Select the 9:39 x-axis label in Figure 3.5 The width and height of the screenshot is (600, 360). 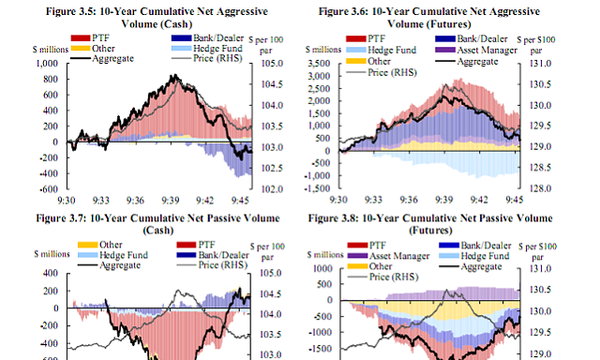click(170, 200)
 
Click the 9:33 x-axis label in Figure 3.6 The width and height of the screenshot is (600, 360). click(372, 200)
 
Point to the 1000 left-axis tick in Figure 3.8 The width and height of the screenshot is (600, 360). click(322, 268)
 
